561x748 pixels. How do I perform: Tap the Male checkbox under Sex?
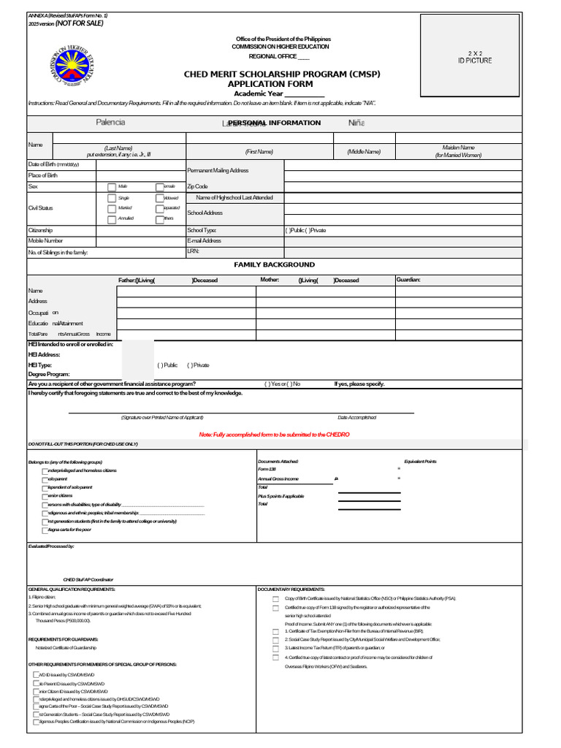(x=112, y=187)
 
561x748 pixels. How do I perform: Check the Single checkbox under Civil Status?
(x=112, y=198)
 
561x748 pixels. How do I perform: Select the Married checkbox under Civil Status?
(x=112, y=208)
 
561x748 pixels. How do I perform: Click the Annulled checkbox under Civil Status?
(x=112, y=218)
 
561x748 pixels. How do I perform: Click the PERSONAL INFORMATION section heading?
(x=274, y=123)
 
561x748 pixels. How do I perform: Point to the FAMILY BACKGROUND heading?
(x=274, y=264)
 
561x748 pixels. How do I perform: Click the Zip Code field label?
(x=197, y=187)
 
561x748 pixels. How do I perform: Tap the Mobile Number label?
(x=45, y=240)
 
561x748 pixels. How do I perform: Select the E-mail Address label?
(x=204, y=240)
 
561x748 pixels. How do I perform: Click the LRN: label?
(x=193, y=251)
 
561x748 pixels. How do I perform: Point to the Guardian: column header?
(x=408, y=279)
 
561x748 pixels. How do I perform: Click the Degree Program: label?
(x=49, y=374)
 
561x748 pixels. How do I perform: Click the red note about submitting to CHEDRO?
(x=274, y=435)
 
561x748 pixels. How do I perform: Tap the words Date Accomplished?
(x=356, y=418)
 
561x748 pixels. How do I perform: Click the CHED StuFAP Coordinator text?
(x=88, y=579)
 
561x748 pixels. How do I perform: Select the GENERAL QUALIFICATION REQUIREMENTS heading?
(x=72, y=589)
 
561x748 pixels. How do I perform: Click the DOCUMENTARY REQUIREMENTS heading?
(x=291, y=589)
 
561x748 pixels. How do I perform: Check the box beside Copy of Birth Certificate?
(x=275, y=598)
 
